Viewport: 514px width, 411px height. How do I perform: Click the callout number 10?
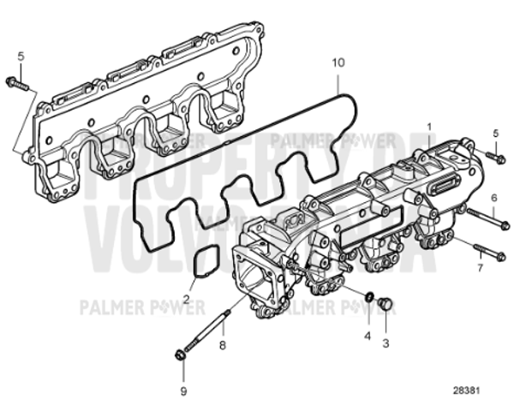[x=338, y=63]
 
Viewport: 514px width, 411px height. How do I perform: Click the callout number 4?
[x=367, y=336]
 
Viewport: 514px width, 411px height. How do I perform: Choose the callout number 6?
[x=493, y=198]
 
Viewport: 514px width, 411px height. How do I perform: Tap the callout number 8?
[x=222, y=346]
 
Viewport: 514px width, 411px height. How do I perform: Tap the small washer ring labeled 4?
[x=368, y=297]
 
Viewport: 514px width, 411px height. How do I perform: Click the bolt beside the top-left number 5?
[x=18, y=84]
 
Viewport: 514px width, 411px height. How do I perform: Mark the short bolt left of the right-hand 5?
[x=494, y=157]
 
